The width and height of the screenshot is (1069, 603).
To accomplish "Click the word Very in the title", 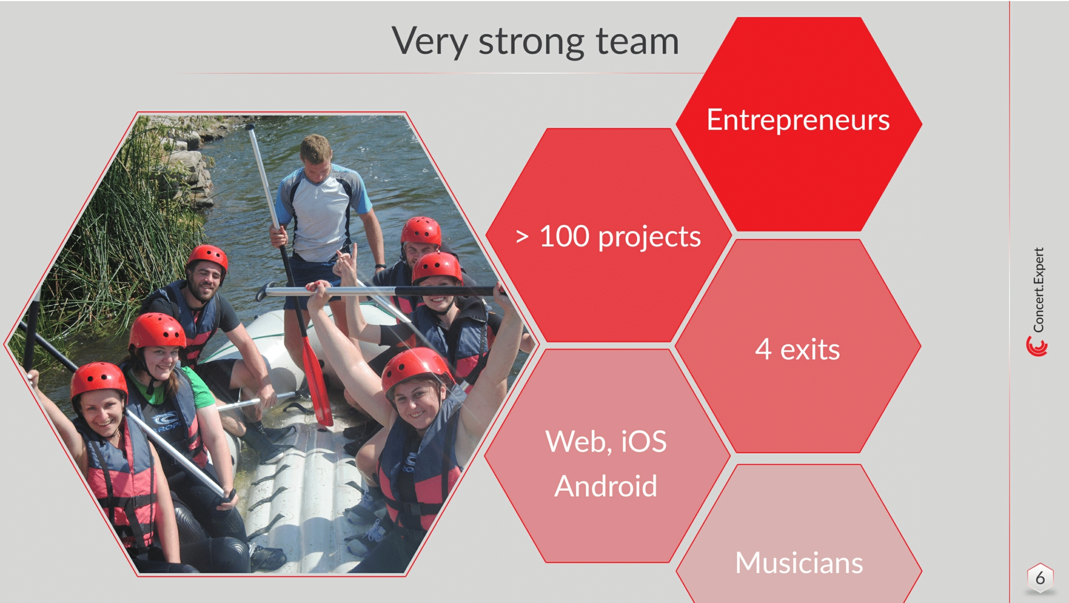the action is pos(430,42).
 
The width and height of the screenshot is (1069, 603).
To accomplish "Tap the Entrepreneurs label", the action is pos(798,120).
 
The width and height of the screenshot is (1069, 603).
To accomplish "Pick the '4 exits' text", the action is pos(797,350).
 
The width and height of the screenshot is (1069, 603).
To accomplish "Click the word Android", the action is pos(606,486).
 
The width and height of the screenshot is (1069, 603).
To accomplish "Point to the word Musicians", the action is pos(799,563).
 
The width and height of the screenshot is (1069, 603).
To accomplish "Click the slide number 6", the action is pos(1040,578).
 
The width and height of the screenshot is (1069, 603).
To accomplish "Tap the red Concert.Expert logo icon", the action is pos(1037,346).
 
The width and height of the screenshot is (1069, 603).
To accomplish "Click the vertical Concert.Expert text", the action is pos(1038,289).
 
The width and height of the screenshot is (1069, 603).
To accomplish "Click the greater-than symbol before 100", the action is pos(522,236).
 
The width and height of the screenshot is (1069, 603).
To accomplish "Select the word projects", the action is pos(649,237).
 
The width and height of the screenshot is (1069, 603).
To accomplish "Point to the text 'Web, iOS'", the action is pos(606,442).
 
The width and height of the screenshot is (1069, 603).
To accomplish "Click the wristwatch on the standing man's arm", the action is pos(380,266).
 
